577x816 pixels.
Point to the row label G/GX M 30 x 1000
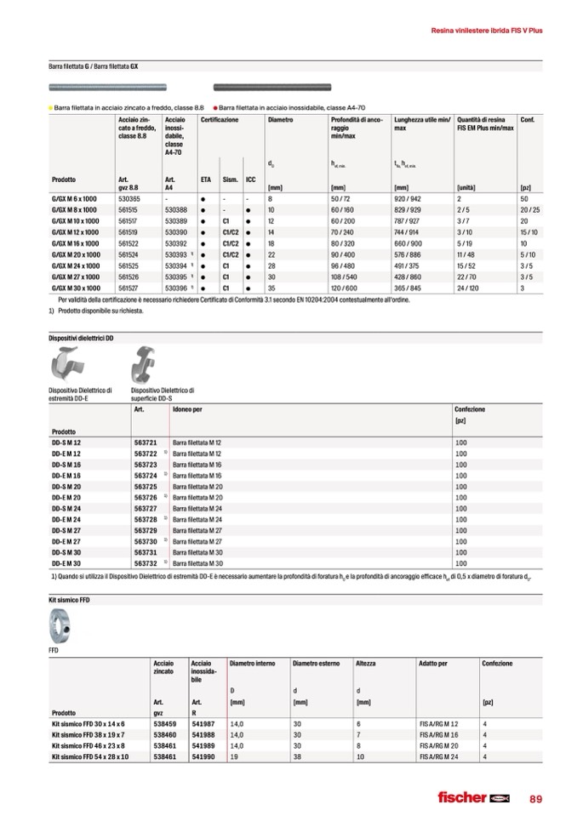tap(76, 288)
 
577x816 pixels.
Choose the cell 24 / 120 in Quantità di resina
tap(469, 288)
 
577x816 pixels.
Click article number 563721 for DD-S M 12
tap(146, 443)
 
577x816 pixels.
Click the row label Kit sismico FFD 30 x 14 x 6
tap(88, 723)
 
